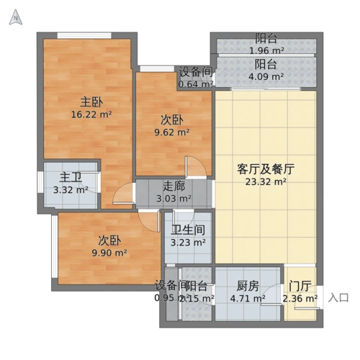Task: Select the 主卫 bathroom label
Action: [x=70, y=177]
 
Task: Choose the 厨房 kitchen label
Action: [x=246, y=285]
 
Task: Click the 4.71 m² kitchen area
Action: [x=246, y=298]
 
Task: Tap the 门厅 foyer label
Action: [x=300, y=285]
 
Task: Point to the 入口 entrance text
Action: [x=339, y=297]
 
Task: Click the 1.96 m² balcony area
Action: [x=266, y=51]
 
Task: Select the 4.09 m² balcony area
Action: [x=266, y=76]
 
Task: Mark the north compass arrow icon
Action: [x=14, y=19]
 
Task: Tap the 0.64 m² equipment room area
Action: [x=196, y=84]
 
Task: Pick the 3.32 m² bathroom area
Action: [x=70, y=190]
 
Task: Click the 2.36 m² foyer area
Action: [x=300, y=298]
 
